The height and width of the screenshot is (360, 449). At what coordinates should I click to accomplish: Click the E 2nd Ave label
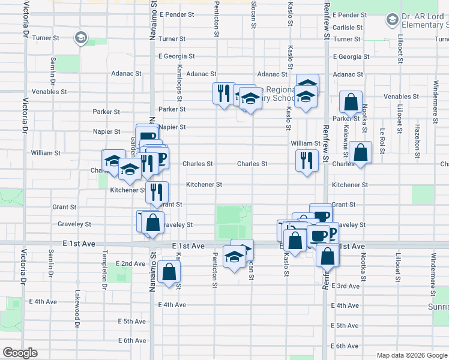point(131,263)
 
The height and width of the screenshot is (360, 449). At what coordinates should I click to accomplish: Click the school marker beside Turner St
point(80,38)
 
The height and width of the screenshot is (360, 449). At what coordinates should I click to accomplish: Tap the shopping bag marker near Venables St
point(350,103)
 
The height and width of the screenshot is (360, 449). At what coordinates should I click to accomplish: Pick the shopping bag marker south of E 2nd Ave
point(170,271)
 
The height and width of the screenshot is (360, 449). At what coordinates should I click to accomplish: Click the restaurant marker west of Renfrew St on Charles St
point(307,160)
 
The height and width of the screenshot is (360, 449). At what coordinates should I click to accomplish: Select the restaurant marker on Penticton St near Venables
point(223,93)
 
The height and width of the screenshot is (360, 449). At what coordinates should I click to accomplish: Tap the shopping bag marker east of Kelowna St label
point(360,152)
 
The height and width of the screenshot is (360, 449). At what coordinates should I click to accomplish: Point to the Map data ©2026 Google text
point(411,355)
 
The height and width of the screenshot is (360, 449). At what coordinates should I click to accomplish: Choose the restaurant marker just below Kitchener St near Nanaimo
point(156,192)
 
